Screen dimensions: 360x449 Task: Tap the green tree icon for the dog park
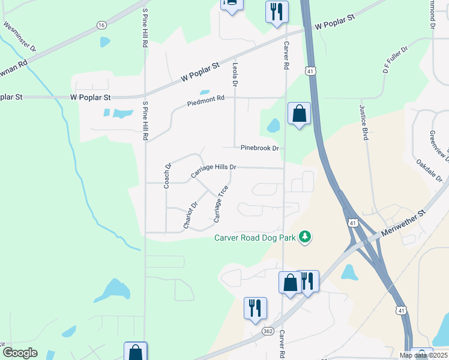pyautogui.click(x=306, y=237)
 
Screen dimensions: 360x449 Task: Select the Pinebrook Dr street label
pyautogui.click(x=260, y=148)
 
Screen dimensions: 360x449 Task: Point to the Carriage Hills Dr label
pyautogui.click(x=214, y=171)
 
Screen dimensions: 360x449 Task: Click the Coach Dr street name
pyautogui.click(x=168, y=176)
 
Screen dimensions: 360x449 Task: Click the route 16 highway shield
pyautogui.click(x=101, y=25)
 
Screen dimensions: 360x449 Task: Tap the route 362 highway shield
pyautogui.click(x=268, y=331)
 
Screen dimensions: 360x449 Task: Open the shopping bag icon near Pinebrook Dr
pyautogui.click(x=299, y=114)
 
